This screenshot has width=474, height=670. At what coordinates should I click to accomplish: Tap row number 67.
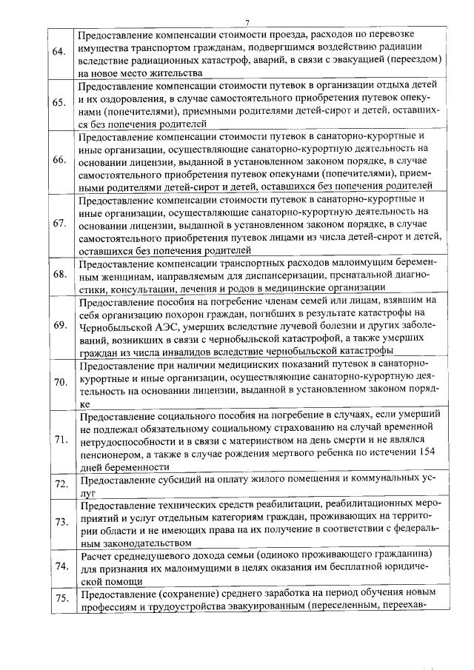(60, 224)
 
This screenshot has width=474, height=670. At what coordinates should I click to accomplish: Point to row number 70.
(60, 382)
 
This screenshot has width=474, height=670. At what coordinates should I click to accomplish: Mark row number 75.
(60, 599)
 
